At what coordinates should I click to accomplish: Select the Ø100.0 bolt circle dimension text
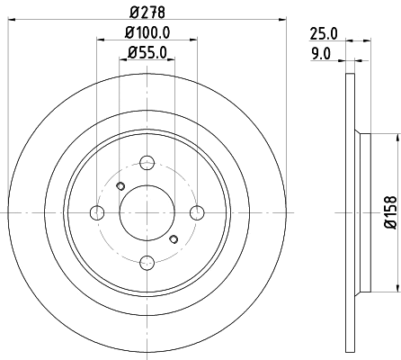pyautogui.click(x=146, y=33)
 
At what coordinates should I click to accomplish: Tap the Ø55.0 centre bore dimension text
pyautogui.click(x=146, y=52)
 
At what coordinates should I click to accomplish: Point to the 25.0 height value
pyautogui.click(x=323, y=33)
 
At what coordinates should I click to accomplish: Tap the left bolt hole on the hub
pyautogui.click(x=96, y=212)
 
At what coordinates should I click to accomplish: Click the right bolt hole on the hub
pyautogui.click(x=196, y=212)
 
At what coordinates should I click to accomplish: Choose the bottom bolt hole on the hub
pyautogui.click(x=146, y=262)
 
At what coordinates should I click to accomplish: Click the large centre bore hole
pyautogui.click(x=146, y=212)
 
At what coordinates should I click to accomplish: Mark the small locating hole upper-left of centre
pyautogui.click(x=120, y=186)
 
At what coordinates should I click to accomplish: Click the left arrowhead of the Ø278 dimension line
pyautogui.click(x=13, y=20)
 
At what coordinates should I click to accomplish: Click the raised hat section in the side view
pyautogui.click(x=362, y=212)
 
